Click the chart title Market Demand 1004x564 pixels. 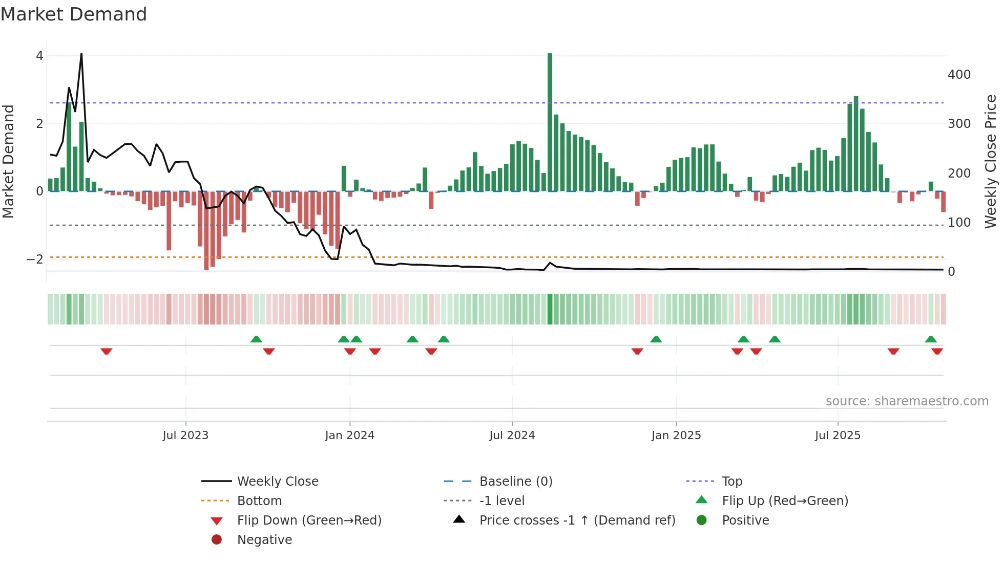pos(74,14)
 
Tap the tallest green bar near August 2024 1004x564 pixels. pos(550,123)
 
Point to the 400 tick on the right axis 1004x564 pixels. pos(959,75)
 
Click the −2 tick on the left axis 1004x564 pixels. pos(35,259)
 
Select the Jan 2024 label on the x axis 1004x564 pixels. pos(349,436)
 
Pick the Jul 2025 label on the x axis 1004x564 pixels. pos(838,436)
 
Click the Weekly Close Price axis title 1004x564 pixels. pos(991,161)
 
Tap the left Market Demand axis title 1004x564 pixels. pos(8,161)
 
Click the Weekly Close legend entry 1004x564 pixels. pos(277,482)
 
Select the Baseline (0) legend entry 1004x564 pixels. pos(515,482)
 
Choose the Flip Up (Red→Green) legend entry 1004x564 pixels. pos(785,501)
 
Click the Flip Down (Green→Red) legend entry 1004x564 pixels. pos(309,520)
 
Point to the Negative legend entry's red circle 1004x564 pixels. pos(217,540)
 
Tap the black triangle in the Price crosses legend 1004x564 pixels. pos(459,519)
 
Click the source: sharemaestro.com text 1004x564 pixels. pos(907,401)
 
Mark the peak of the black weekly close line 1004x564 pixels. pos(81,54)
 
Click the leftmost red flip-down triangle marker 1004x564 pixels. pos(107,351)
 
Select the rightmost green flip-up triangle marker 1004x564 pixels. pos(931,339)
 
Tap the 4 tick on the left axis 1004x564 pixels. pos(39,56)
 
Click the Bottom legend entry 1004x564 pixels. pos(259,501)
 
